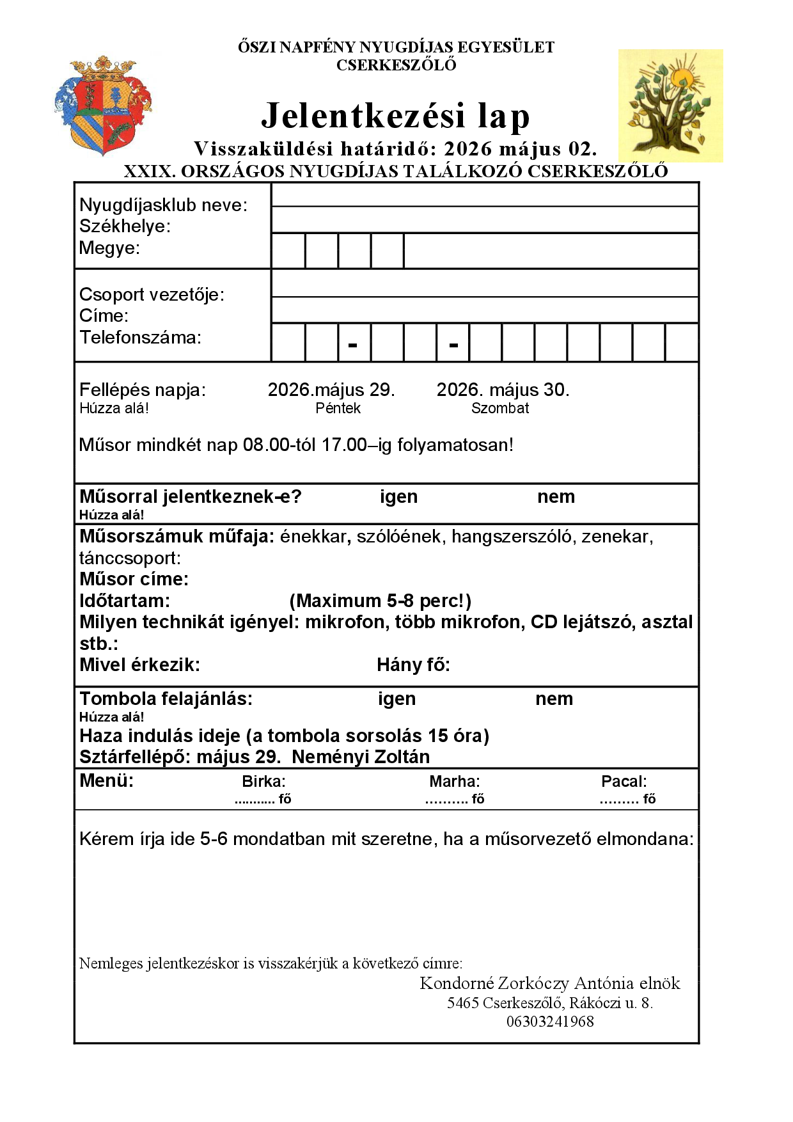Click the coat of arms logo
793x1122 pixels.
(x=104, y=106)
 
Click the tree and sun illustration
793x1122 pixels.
(x=670, y=106)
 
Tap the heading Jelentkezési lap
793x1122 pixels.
(x=396, y=116)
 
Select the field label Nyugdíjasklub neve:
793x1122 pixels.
(x=163, y=205)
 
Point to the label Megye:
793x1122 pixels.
(x=109, y=248)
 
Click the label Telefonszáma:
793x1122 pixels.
(x=140, y=338)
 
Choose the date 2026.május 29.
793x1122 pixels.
(x=331, y=390)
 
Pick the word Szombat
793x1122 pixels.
(x=500, y=409)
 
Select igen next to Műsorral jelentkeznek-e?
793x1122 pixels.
(x=398, y=497)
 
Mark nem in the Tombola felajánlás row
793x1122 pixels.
(x=554, y=699)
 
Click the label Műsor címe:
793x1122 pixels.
(x=134, y=580)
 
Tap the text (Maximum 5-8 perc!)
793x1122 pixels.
(x=381, y=601)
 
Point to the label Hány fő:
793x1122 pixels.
(x=413, y=665)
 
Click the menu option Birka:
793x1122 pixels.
(x=263, y=782)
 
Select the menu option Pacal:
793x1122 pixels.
(x=624, y=782)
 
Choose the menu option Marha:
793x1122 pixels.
(x=454, y=782)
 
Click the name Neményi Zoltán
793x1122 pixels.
(x=361, y=757)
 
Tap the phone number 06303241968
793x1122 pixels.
(x=550, y=1022)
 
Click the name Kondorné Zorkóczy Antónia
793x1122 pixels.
(x=528, y=983)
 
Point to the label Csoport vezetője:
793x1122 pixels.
(x=152, y=295)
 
